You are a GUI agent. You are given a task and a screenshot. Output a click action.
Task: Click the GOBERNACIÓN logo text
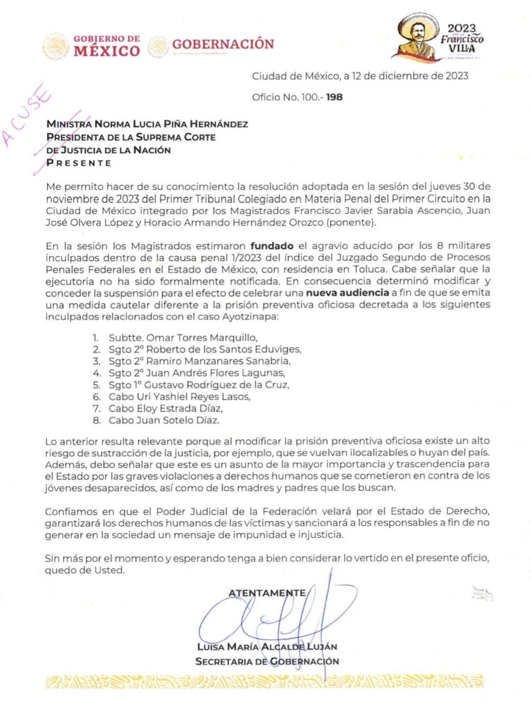click(x=223, y=45)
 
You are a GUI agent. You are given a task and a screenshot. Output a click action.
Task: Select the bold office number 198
click(x=334, y=97)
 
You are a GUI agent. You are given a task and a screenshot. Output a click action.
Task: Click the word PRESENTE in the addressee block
click(x=79, y=163)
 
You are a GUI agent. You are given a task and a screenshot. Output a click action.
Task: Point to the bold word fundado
click(x=272, y=246)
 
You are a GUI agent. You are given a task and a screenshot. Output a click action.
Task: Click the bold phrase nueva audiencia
click(x=347, y=293)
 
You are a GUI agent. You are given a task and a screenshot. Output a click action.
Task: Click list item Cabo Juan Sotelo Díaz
click(x=164, y=420)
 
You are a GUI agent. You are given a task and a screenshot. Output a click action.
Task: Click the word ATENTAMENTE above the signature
click(x=267, y=593)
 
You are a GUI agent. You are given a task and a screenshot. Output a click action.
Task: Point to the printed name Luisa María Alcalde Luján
click(x=267, y=647)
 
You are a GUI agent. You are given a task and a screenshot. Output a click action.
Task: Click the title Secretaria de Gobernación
click(x=267, y=662)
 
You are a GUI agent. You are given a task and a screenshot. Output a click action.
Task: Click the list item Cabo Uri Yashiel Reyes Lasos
click(x=179, y=397)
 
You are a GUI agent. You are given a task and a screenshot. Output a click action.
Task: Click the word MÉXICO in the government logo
click(x=107, y=51)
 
